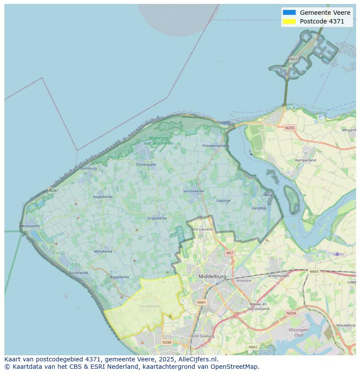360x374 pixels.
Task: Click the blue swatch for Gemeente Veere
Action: pyautogui.click(x=289, y=13)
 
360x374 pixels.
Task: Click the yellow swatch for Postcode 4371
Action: pyautogui.click(x=289, y=21)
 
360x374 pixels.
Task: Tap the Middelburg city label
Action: pyautogui.click(x=212, y=276)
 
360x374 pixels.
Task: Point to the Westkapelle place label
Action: pyautogui.click(x=30, y=226)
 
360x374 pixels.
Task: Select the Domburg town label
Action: pyautogui.click(x=89, y=168)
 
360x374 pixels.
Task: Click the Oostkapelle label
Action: pyautogui.click(x=146, y=165)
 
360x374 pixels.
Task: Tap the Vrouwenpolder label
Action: pyautogui.click(x=215, y=146)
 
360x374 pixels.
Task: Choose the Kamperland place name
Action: pyautogui.click(x=306, y=160)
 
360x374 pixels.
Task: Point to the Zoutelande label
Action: pyautogui.click(x=78, y=273)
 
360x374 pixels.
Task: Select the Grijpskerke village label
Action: pyautogui.click(x=157, y=218)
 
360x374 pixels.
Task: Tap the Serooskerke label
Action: pyautogui.click(x=193, y=191)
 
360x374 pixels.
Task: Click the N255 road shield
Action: pyautogui.click(x=290, y=128)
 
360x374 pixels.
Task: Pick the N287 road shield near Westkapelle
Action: pyautogui.click(x=53, y=190)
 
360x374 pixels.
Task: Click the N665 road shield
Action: pyautogui.click(x=314, y=271)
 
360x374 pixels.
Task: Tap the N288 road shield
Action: pyautogui.click(x=167, y=342)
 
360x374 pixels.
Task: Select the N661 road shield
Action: pyautogui.click(x=201, y=302)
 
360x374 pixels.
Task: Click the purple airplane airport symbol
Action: pyautogui.click(x=337, y=254)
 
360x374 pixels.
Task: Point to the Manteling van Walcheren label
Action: pyautogui.click(x=158, y=141)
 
